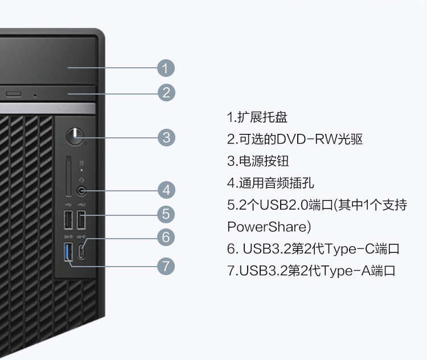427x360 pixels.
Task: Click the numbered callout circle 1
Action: pyautogui.click(x=166, y=68)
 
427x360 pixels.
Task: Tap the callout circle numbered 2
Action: pyautogui.click(x=166, y=93)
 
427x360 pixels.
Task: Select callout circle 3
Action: pyautogui.click(x=166, y=137)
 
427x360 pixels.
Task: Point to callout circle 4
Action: pyautogui.click(x=166, y=190)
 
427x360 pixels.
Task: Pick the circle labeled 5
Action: pyautogui.click(x=166, y=214)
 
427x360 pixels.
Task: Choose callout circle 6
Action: pyautogui.click(x=166, y=237)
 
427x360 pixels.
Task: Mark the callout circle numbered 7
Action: pyautogui.click(x=166, y=266)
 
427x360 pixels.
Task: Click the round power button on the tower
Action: pyautogui.click(x=75, y=136)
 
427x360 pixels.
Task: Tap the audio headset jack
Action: pyautogui.click(x=81, y=190)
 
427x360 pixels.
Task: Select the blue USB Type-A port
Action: pyautogui.click(x=68, y=251)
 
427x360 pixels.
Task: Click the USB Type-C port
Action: pyautogui.click(x=81, y=252)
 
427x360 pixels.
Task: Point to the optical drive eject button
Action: pyautogui.click(x=14, y=94)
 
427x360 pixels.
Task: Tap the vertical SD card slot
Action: pyautogui.click(x=69, y=176)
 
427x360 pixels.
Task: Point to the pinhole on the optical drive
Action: pyautogui.click(x=35, y=96)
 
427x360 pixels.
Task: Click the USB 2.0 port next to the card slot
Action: pyautogui.click(x=68, y=220)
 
